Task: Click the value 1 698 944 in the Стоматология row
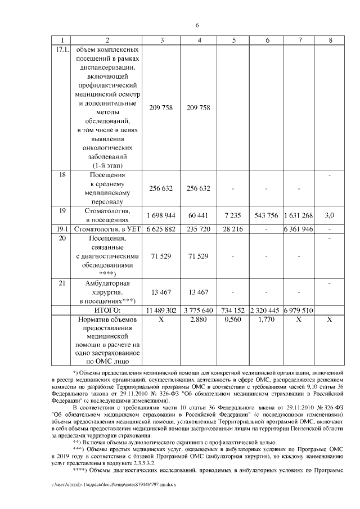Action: click(x=161, y=215)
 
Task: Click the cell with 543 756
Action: click(x=267, y=215)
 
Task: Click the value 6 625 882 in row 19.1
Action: click(x=161, y=229)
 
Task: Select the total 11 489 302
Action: click(x=161, y=310)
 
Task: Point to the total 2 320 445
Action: click(x=267, y=310)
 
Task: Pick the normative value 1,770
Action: click(x=267, y=319)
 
